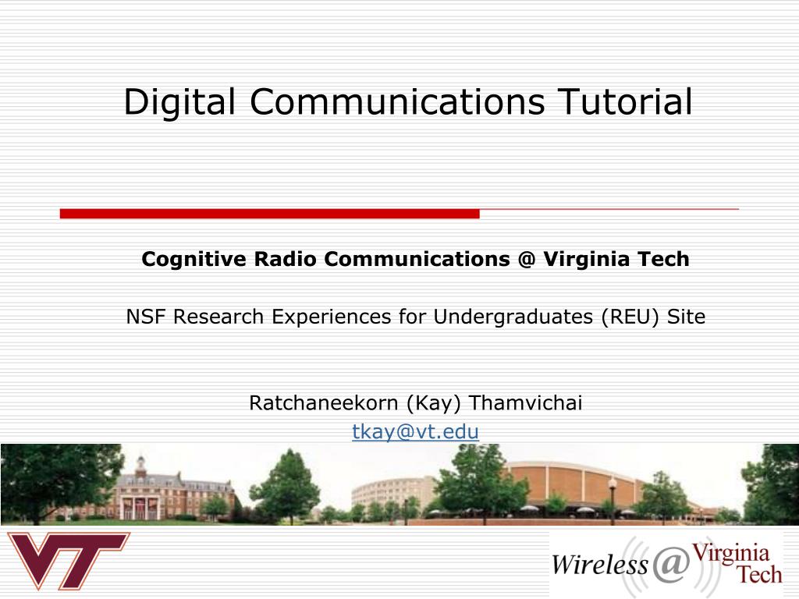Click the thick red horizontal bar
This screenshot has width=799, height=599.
pos(269,214)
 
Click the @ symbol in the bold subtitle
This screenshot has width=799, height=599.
pos(524,259)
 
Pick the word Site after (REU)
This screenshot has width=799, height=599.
pos(686,317)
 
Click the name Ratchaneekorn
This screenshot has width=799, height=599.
pos(324,403)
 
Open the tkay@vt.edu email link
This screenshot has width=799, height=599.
pos(415,431)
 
